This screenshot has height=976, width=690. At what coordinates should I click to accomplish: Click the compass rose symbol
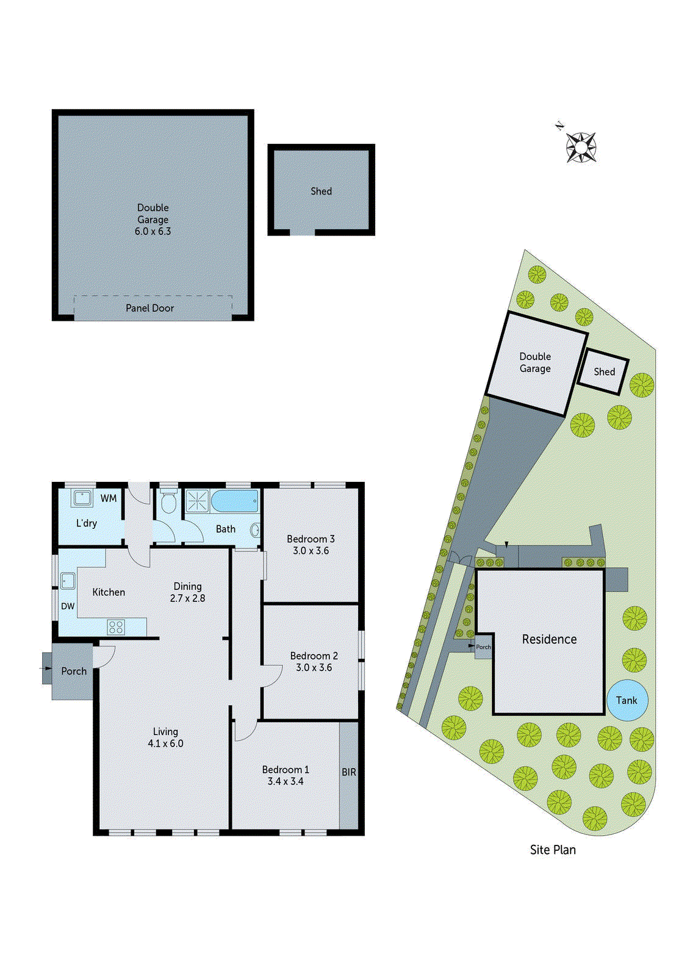point(580,147)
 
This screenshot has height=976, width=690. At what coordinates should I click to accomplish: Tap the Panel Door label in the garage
point(149,308)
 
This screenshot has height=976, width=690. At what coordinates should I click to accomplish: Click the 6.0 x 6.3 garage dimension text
point(153,231)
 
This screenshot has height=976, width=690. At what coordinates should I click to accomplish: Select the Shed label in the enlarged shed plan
point(321,191)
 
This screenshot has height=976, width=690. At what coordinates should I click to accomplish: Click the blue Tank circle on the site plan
point(627,700)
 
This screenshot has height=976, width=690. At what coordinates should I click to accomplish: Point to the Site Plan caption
point(552,850)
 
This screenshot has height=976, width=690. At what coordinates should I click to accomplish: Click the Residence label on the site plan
point(549,639)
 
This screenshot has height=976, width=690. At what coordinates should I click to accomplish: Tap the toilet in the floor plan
point(168,501)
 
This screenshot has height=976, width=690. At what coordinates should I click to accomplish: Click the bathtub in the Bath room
point(235,501)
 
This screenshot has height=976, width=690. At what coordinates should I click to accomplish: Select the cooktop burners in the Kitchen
point(116,626)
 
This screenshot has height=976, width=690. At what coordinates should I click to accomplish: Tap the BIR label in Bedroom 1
point(348,772)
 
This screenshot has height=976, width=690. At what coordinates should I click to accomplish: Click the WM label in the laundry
point(109,498)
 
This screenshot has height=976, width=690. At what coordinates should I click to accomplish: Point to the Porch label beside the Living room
point(74,671)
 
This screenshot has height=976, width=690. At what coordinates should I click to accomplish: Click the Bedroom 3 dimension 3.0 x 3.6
point(311,550)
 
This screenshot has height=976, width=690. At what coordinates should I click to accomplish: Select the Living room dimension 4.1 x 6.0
point(165,743)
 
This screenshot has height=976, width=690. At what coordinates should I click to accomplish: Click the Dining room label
point(187,586)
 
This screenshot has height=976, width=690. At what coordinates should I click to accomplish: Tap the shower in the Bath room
point(197,501)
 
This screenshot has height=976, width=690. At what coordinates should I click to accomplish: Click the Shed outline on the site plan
point(603,371)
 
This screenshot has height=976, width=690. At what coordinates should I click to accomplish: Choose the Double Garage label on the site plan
point(535,362)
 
